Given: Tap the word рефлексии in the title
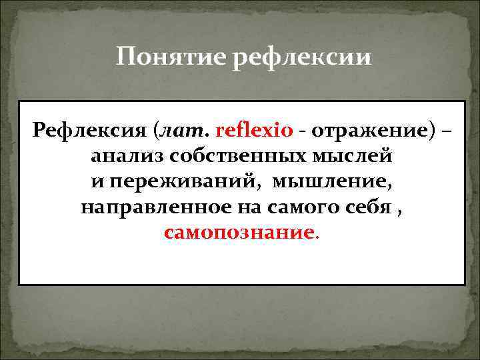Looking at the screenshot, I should pos(302,57).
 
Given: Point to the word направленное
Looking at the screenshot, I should pos(153,208).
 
